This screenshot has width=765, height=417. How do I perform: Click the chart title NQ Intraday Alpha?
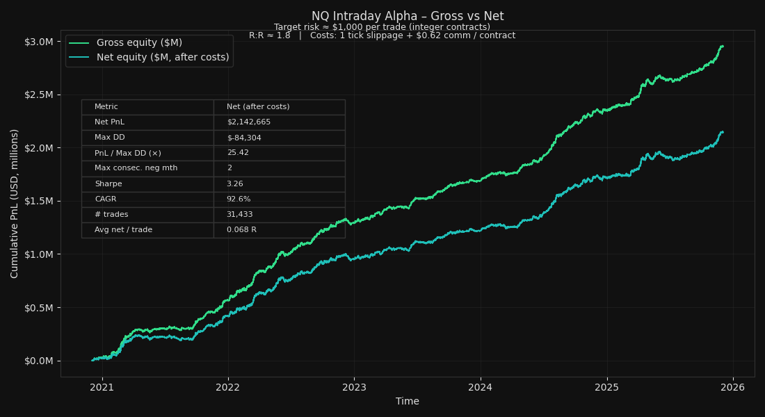(x=408, y=16)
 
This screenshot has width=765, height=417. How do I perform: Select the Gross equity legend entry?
(x=139, y=43)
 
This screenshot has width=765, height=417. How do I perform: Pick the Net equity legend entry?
(x=162, y=57)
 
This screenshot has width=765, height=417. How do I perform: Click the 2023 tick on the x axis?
(x=354, y=386)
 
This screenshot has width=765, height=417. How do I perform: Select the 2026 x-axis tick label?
(x=733, y=386)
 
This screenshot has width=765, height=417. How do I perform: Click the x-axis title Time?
(x=408, y=401)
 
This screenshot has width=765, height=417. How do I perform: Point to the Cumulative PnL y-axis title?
(x=15, y=203)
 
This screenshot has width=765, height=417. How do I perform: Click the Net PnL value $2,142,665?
(x=248, y=122)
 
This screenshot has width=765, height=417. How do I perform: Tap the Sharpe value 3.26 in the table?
(x=235, y=184)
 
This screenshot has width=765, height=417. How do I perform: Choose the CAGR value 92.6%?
(x=238, y=199)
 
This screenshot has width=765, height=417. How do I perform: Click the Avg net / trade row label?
(x=123, y=230)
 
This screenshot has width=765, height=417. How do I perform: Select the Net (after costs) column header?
(x=258, y=107)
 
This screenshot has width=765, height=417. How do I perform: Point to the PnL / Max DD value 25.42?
(x=238, y=153)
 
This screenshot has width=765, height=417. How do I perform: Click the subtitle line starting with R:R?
(x=382, y=35)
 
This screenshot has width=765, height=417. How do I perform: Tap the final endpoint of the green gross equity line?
(x=723, y=46)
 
